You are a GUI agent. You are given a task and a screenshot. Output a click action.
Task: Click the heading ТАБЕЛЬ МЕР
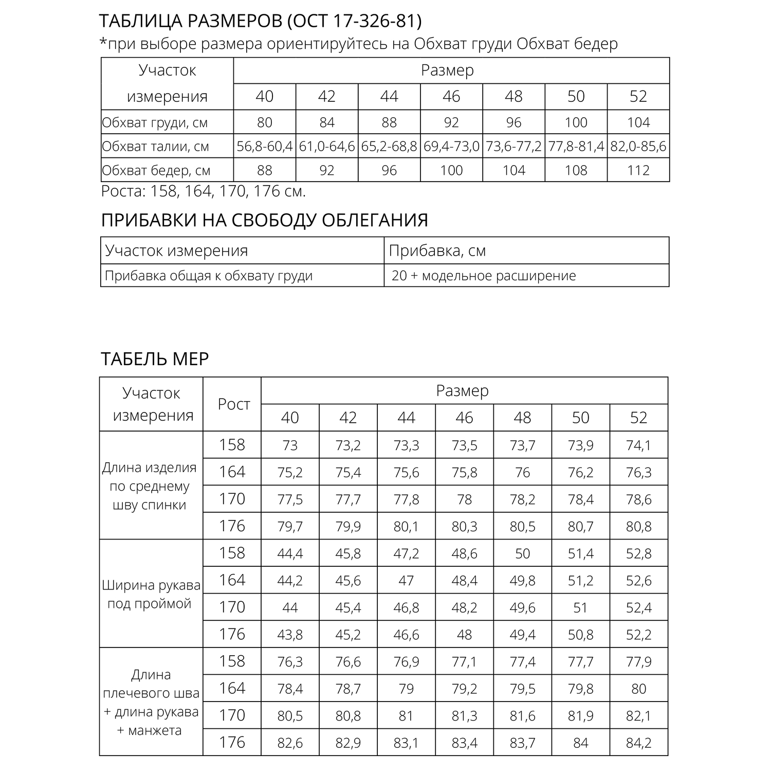pos(155,358)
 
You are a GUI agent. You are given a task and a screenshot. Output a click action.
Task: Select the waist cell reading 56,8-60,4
pos(265,147)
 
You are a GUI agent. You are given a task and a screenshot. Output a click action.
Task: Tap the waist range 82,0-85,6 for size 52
pos(638,147)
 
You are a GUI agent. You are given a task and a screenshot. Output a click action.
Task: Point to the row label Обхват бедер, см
pos(156,170)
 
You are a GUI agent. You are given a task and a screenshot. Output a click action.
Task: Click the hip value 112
pos(638,170)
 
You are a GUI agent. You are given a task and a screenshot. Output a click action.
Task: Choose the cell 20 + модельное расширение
pos(483,276)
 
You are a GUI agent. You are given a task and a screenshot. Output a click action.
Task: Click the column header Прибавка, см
pos(437,250)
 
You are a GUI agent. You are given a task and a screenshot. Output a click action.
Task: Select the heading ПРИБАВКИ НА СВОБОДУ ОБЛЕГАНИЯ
pos(265,220)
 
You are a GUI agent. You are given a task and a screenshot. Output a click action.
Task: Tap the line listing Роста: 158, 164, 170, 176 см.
pos(204,191)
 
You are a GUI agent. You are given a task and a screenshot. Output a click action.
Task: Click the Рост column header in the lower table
pos(234,404)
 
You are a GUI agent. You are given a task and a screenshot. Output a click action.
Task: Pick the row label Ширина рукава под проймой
pos(151,594)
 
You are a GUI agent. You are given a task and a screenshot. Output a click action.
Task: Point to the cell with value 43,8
pos(290,635)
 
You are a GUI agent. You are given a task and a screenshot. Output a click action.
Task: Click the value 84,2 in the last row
pos(638,743)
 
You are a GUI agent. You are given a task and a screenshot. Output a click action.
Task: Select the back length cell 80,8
pos(638,527)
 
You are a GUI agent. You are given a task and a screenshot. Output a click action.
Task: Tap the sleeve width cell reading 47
pos(406,581)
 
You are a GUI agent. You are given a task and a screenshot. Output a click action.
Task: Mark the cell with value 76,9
pos(406,661)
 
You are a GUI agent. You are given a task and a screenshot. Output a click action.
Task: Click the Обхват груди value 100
pos(576,122)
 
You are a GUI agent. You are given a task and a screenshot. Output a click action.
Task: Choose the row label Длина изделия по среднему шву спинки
pos(150,486)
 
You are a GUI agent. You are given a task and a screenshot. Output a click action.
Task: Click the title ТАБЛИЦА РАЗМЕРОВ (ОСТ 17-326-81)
pos(260,21)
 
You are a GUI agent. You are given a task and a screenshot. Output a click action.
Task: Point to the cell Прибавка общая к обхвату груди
pos(209,276)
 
